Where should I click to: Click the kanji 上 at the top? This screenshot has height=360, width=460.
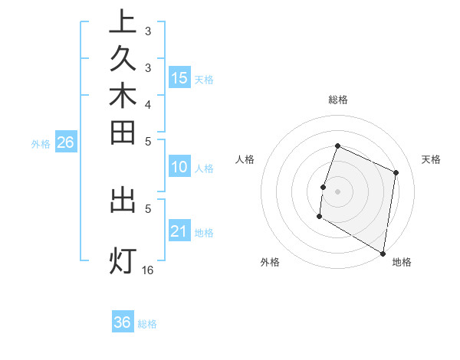tap(123, 21)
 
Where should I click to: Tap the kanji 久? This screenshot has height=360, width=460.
tap(123, 60)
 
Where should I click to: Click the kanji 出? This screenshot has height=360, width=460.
tap(123, 200)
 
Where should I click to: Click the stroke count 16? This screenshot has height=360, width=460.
tap(148, 270)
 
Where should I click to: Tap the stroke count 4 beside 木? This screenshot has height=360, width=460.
tap(148, 104)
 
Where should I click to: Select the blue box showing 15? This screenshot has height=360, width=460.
tap(179, 77)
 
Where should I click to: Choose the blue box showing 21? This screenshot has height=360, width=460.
tap(179, 231)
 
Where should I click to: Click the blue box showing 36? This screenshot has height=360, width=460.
tap(123, 322)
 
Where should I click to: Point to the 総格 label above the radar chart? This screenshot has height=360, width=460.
tap(338, 100)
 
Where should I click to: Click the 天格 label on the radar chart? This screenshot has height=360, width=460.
tap(431, 159)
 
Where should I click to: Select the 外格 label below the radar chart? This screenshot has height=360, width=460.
tap(270, 263)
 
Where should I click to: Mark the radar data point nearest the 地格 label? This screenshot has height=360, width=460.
tap(383, 253)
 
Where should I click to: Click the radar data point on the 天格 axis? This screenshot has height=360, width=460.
tap(396, 172)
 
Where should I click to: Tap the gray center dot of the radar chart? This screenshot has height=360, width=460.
tap(338, 191)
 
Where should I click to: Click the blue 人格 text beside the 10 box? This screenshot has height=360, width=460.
tap(204, 169)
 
